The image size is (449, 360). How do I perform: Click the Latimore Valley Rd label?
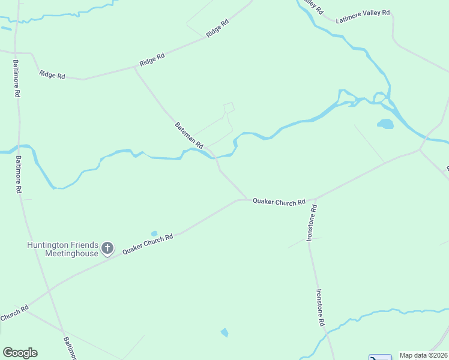tap(363, 16)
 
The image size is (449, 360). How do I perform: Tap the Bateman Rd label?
tap(189, 136)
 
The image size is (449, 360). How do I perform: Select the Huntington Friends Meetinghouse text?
tap(62, 249)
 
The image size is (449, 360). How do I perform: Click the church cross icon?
tap(107, 248)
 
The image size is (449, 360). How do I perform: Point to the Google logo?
tap(20, 353)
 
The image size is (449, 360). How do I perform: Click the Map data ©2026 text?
tap(424, 355)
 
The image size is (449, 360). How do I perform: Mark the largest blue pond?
tap(385, 124)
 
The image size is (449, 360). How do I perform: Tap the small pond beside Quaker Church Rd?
tap(154, 233)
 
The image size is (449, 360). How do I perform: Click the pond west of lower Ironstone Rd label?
tap(224, 332)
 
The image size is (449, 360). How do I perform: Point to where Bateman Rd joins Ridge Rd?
tap(134, 68)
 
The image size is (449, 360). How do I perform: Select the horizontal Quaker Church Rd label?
tap(279, 202)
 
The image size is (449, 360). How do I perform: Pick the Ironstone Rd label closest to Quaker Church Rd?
tap(311, 223)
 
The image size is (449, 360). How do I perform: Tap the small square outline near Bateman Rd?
tap(229, 108)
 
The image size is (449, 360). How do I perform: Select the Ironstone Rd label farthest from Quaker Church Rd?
tap(321, 308)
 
